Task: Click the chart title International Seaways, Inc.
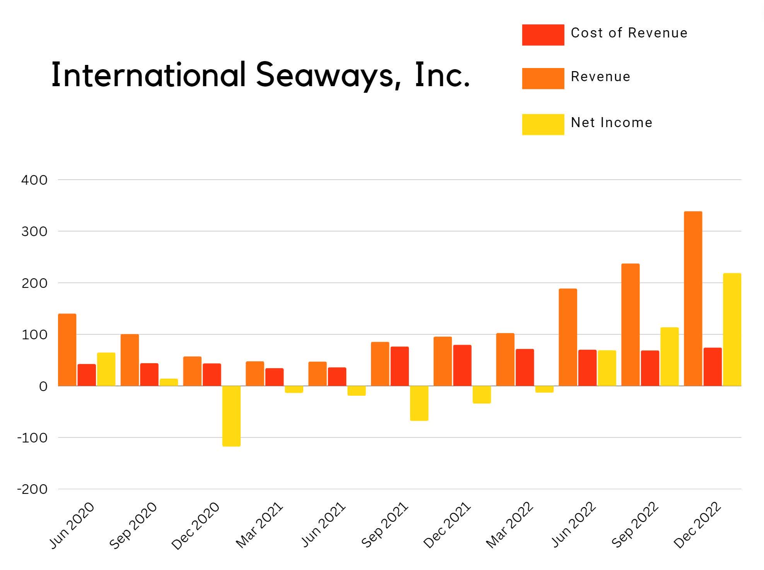[x=260, y=75]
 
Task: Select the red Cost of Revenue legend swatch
[x=543, y=35]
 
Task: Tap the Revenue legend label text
[x=600, y=77]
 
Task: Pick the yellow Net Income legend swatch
[x=543, y=124]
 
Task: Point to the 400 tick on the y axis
[x=34, y=180]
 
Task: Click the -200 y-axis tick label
[x=32, y=489]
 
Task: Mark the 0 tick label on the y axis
[x=43, y=386]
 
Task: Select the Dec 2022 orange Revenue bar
[x=693, y=298]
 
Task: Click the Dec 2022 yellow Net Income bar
[x=732, y=329]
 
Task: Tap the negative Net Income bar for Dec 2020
[x=231, y=416]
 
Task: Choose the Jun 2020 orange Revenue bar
[x=67, y=350]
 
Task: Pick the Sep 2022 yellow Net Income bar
[x=669, y=356]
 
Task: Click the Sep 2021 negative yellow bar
[x=419, y=403]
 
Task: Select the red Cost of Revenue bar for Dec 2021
[x=462, y=365]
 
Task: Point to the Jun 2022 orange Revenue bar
[x=567, y=337]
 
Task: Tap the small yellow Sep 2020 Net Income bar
[x=169, y=382]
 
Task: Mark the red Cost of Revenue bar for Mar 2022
[x=525, y=367]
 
